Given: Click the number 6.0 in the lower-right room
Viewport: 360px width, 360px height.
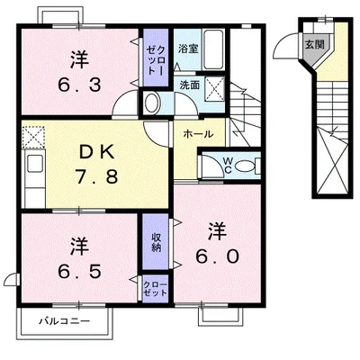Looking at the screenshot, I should (217, 256).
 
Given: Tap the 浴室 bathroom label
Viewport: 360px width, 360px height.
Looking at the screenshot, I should (187, 49).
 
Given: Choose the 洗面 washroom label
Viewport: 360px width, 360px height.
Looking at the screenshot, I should (189, 84).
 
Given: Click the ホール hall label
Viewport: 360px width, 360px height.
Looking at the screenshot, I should (198, 134).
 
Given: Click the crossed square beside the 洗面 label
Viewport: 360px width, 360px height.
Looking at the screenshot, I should (216, 87).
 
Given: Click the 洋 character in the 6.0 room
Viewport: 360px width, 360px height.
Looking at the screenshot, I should (216, 230).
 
